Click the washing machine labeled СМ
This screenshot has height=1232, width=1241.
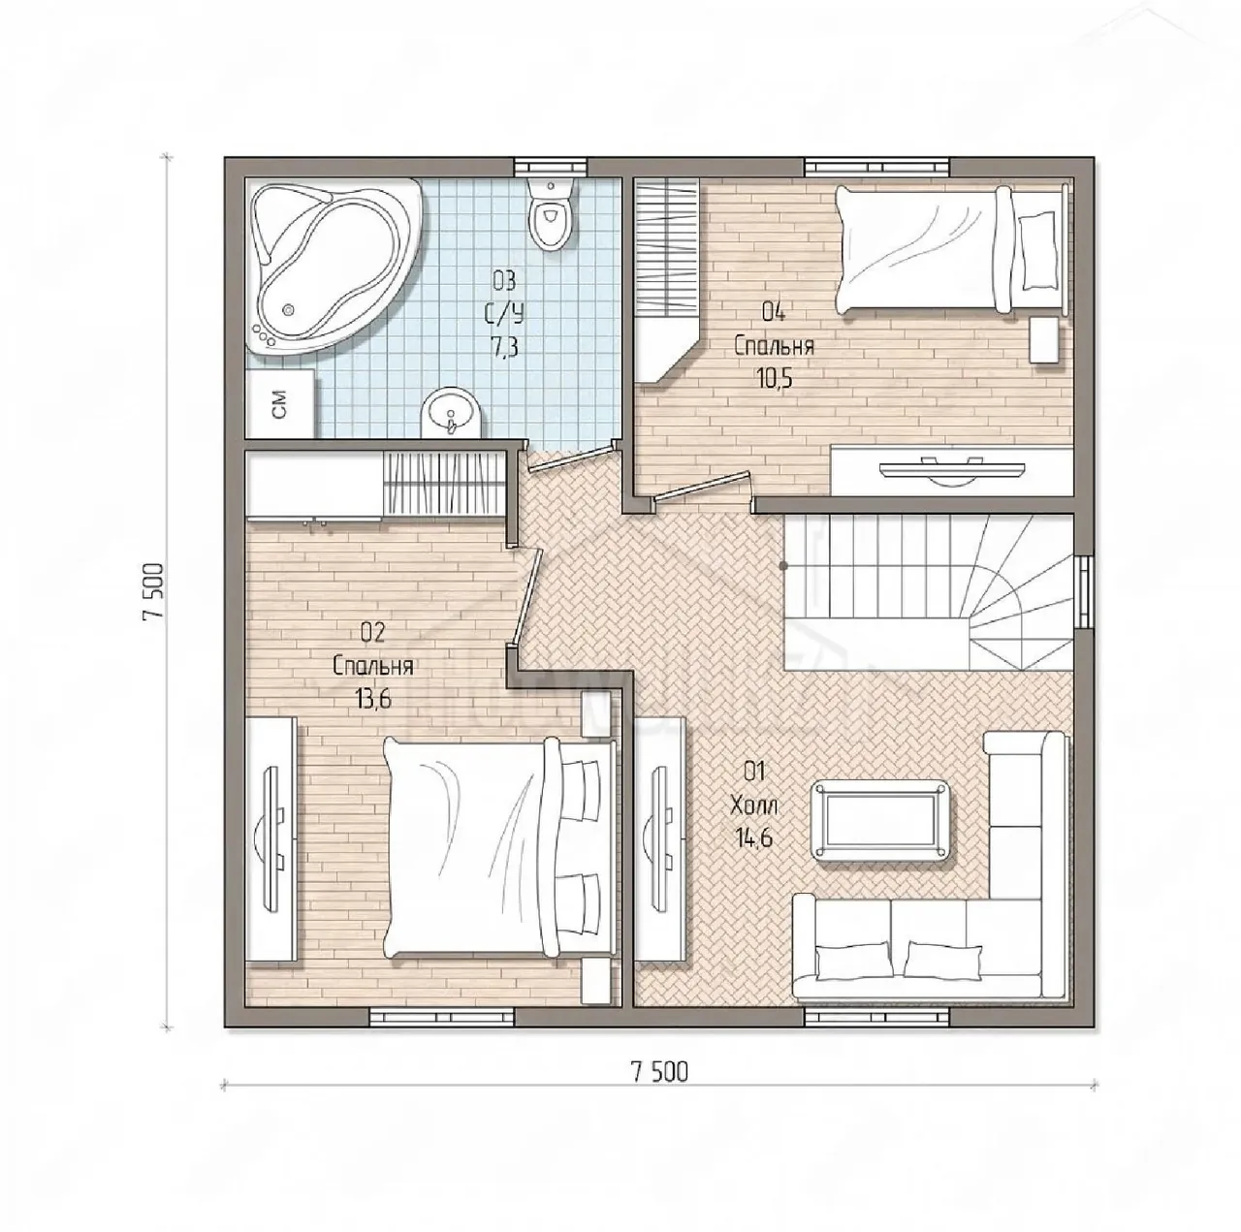point(281,403)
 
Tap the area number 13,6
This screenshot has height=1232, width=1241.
point(373,698)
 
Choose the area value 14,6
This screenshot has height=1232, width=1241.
point(754,837)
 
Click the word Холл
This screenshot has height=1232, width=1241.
point(754,806)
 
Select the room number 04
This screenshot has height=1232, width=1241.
point(774,313)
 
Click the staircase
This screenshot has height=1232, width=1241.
point(928,592)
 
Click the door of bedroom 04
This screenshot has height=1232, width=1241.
point(701,487)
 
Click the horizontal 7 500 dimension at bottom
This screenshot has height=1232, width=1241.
point(660,1071)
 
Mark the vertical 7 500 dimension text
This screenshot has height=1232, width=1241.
point(154,590)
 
